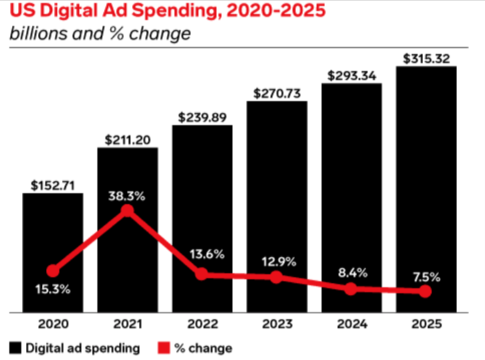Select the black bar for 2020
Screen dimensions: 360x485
point(53,227)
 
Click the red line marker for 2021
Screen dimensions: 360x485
point(127,211)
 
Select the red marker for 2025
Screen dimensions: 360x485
point(426,292)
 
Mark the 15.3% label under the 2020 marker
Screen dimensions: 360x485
point(53,289)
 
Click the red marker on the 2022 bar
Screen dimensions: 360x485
point(202,274)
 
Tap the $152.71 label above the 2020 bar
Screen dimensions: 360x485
point(53,185)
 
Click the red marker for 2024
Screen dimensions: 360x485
point(351,289)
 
